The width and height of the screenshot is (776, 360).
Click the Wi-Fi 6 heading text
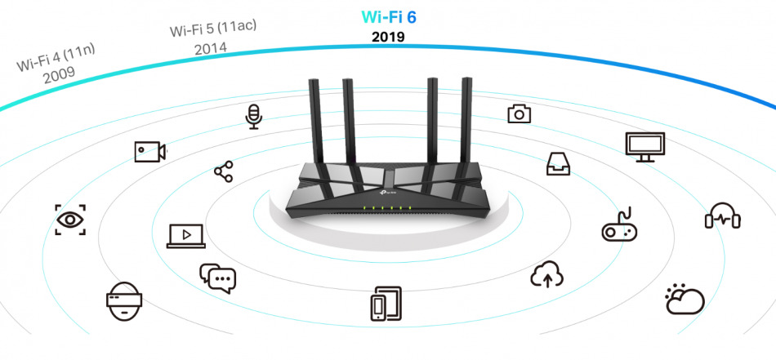(x=388, y=16)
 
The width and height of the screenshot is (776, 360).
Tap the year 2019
(x=388, y=37)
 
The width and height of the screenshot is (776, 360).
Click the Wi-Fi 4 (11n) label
(x=56, y=59)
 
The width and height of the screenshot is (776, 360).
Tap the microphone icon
(x=254, y=116)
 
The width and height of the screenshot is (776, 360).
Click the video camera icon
(x=150, y=151)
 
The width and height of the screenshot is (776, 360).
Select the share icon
(x=223, y=171)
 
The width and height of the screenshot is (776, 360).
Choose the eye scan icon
(x=70, y=220)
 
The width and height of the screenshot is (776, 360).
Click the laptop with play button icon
(x=186, y=235)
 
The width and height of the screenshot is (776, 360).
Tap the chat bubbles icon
(x=217, y=278)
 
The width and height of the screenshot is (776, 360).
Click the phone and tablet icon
(x=386, y=304)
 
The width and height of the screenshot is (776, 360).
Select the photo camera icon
(x=519, y=113)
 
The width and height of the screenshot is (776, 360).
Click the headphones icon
(x=722, y=216)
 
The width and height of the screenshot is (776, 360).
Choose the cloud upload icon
(x=547, y=275)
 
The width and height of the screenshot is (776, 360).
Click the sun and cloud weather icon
(x=684, y=300)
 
